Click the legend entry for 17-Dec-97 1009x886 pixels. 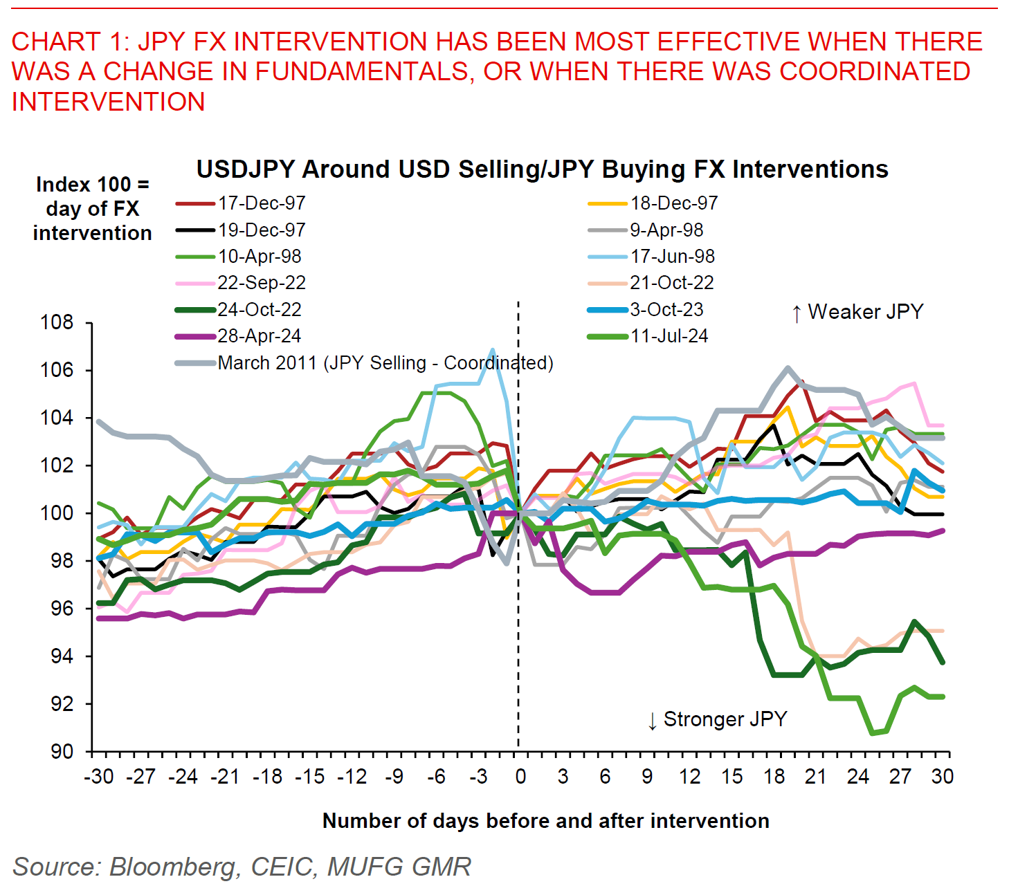pyautogui.click(x=261, y=203)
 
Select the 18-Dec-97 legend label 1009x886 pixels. pyautogui.click(x=673, y=203)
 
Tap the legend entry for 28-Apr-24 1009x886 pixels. pyautogui.click(x=259, y=336)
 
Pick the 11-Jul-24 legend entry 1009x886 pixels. pyautogui.click(x=669, y=336)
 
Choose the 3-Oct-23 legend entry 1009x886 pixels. pyautogui.click(x=666, y=310)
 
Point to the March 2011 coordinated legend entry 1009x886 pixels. pyautogui.click(x=385, y=363)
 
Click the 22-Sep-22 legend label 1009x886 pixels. pyautogui.click(x=261, y=283)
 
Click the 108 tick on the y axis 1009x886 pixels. pyautogui.click(x=57, y=322)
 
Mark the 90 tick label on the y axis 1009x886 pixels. pyautogui.click(x=61, y=751)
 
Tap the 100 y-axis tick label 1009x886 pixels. pyautogui.click(x=57, y=513)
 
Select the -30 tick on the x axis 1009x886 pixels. pyautogui.click(x=99, y=777)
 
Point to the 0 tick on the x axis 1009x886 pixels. pyautogui.click(x=520, y=777)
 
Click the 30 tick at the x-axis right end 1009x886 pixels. pyautogui.click(x=942, y=777)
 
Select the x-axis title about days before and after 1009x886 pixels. pyautogui.click(x=545, y=821)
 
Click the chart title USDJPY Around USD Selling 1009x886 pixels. pyautogui.click(x=542, y=169)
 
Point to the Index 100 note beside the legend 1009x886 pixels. pyautogui.click(x=92, y=209)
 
